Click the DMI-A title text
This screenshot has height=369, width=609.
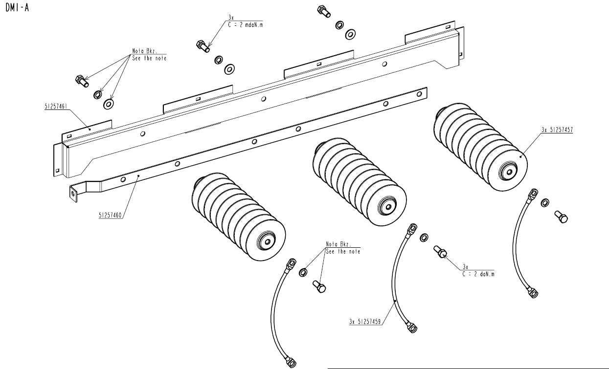(x=17, y=8)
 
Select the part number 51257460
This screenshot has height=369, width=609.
(x=110, y=215)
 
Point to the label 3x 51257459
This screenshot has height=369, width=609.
(x=365, y=322)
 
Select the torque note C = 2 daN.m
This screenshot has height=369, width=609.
(x=478, y=274)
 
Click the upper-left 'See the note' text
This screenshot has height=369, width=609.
(x=149, y=58)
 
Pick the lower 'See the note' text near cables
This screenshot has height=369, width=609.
(x=342, y=251)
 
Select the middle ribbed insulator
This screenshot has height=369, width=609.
(x=359, y=183)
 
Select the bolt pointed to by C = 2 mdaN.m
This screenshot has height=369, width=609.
(x=203, y=46)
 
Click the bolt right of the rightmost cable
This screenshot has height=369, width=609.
(x=561, y=216)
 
